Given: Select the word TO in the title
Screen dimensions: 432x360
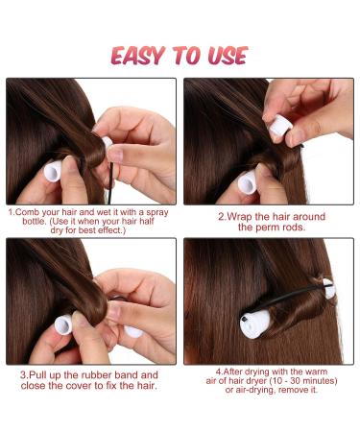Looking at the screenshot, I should (185, 54).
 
